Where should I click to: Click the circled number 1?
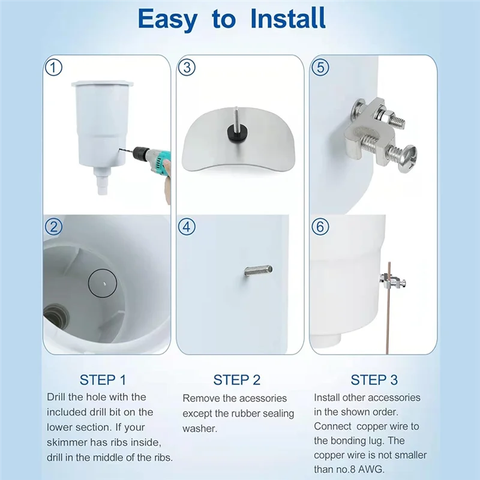coord(53,67)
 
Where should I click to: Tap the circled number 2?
coord(53,227)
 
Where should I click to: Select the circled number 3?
coord(187,67)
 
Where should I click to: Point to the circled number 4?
coord(187,227)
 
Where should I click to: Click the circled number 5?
coord(320,67)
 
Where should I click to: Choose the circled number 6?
coord(320,227)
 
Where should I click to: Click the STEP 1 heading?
coord(103,380)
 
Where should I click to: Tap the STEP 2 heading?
coord(236,380)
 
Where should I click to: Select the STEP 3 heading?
coord(374,380)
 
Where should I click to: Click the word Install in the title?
coord(288,19)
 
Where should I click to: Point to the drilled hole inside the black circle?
coord(104,283)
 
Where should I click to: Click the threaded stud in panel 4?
coord(259,271)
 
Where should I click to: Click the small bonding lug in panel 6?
coord(394,281)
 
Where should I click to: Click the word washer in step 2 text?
coord(200,428)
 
